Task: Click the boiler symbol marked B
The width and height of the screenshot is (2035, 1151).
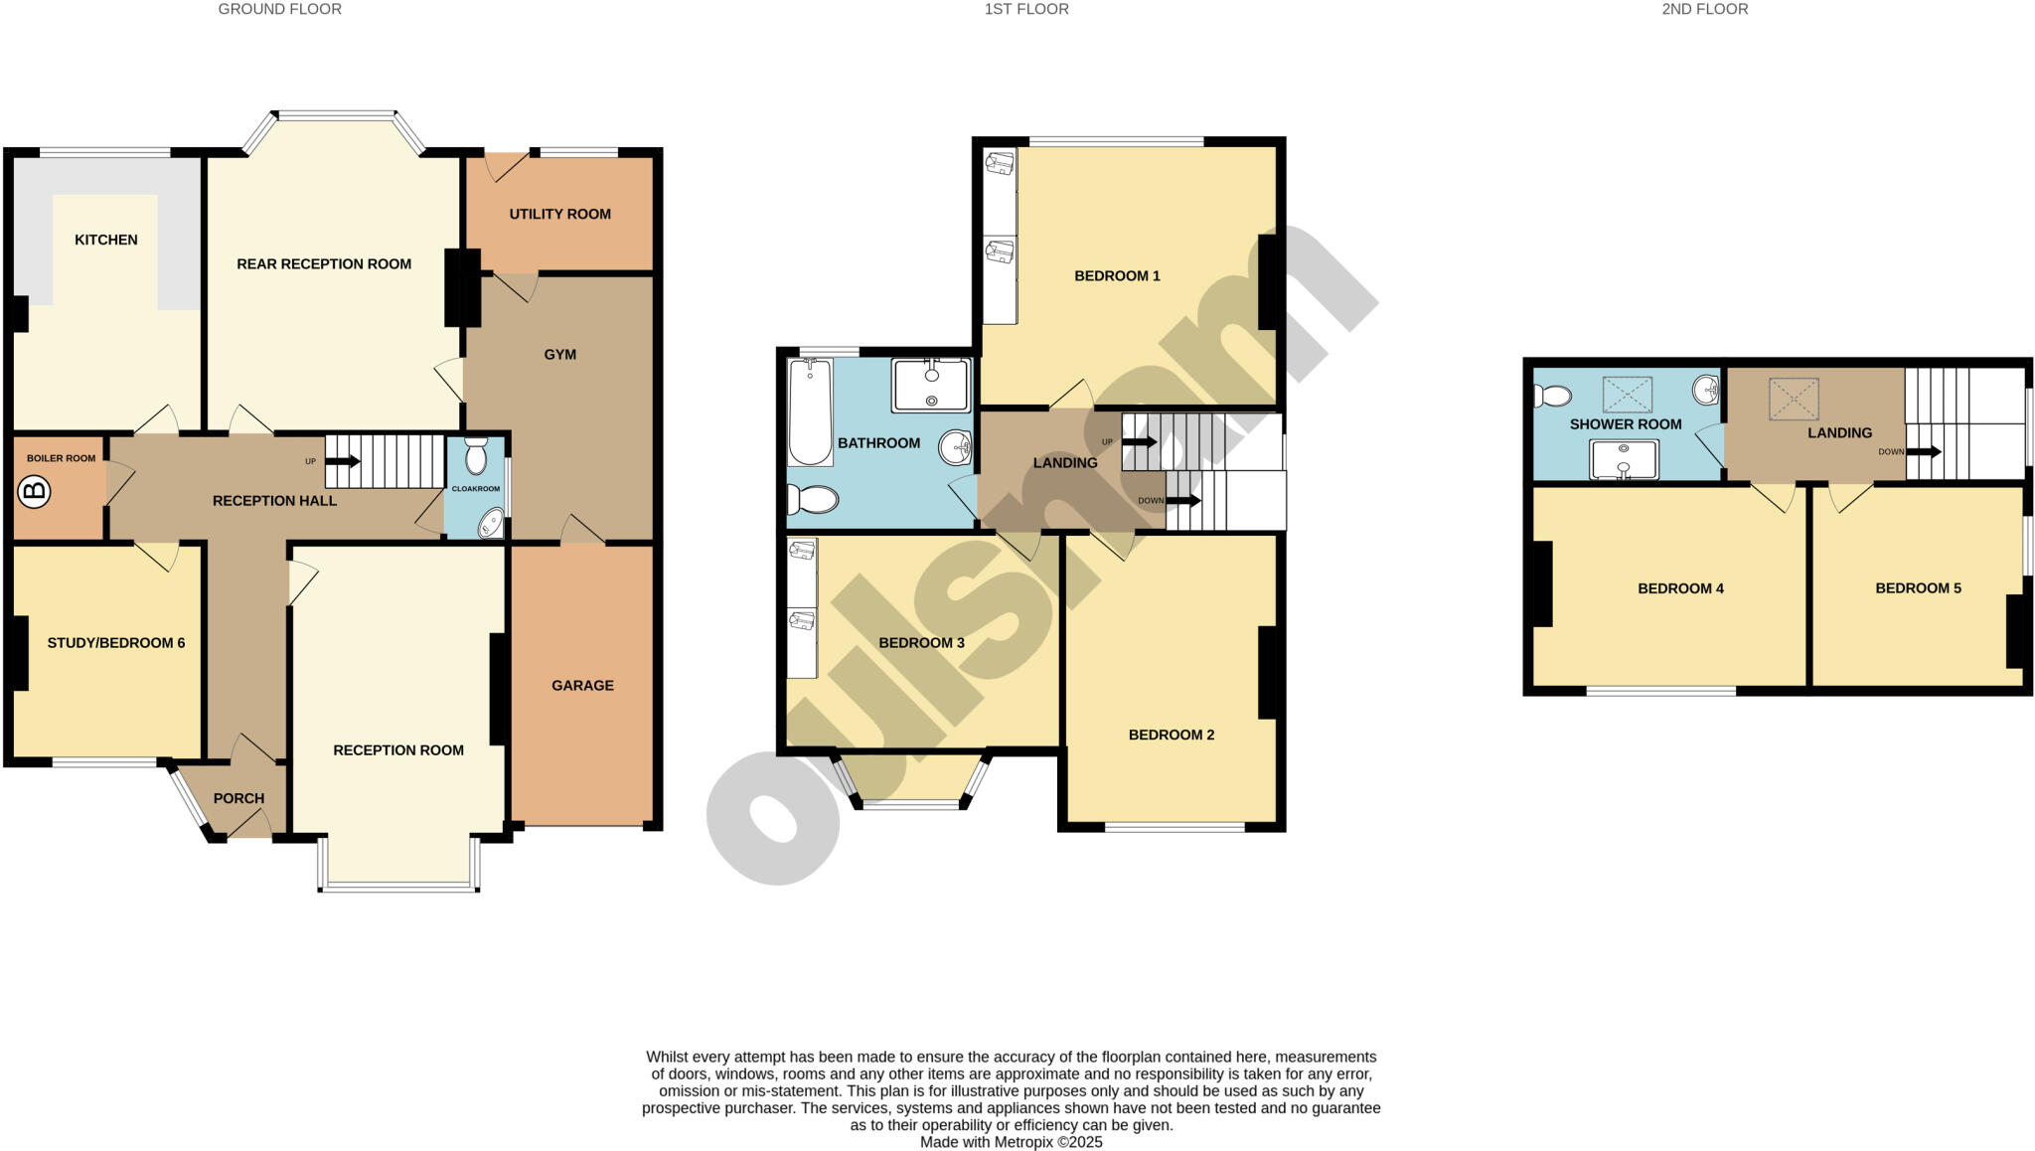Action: tap(35, 491)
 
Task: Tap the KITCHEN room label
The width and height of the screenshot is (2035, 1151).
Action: tap(106, 240)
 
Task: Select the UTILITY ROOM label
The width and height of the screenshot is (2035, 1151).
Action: tap(559, 214)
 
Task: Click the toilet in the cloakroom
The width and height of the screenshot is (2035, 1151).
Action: tap(476, 456)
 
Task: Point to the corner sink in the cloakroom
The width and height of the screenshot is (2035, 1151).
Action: tap(491, 523)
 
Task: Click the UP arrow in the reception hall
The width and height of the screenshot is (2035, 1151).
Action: tap(342, 461)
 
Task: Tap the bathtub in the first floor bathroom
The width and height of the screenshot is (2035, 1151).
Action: tap(810, 412)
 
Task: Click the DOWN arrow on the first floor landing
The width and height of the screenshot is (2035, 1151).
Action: tap(1182, 500)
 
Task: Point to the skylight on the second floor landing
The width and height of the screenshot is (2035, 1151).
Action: tap(1794, 399)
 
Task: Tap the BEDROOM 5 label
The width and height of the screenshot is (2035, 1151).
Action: tap(1918, 588)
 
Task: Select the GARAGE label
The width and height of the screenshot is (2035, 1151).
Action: tap(582, 686)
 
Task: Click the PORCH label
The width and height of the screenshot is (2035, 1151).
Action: tap(238, 798)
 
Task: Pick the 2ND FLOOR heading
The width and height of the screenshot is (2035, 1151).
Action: tap(1704, 9)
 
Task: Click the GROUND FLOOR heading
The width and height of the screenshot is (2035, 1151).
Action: tap(279, 9)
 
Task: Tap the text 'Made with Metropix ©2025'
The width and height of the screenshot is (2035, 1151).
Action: tap(1011, 1142)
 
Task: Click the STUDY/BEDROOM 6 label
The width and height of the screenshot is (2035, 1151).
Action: tap(116, 643)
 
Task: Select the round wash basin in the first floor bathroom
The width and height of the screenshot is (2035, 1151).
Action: tap(955, 446)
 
